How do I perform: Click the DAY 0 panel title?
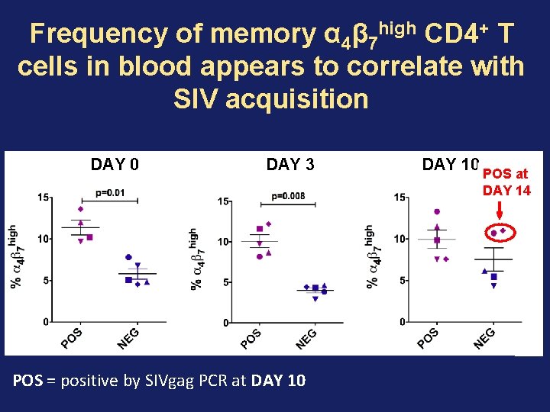115,164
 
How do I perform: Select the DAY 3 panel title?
290,164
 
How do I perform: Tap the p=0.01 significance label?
110,192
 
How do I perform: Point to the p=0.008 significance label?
288,196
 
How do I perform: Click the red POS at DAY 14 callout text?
506,182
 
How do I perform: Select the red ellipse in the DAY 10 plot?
499,230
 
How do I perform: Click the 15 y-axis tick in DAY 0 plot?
44,198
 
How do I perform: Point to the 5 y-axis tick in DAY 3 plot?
224,283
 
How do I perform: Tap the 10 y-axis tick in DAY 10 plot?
400,239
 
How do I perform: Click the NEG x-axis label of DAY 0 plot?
128,338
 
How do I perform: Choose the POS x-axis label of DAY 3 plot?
251,339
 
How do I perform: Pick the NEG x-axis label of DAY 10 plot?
484,338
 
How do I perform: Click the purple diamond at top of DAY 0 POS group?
80,209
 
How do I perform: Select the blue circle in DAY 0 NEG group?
128,258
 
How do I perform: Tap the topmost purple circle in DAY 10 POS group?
437,211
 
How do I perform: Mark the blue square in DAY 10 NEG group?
494,276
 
